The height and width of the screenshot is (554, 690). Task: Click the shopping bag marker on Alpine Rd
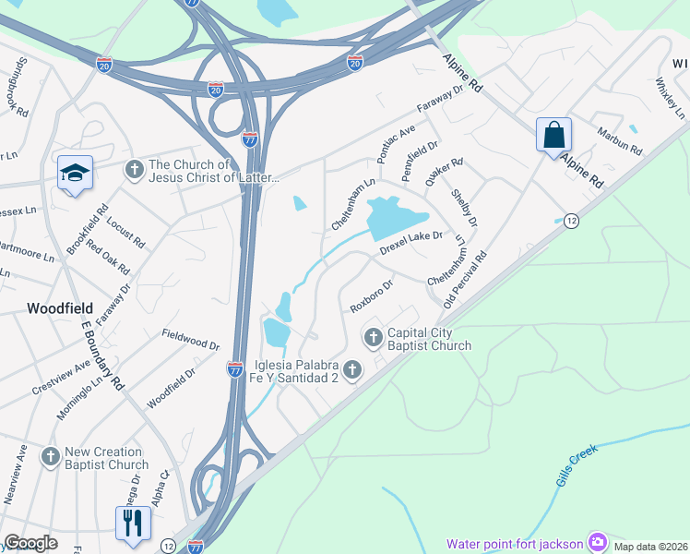click(x=553, y=136)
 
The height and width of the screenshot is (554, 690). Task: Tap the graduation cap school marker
click(x=75, y=173)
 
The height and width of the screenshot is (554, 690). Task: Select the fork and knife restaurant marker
click(x=132, y=523)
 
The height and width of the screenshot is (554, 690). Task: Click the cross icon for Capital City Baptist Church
click(x=374, y=335)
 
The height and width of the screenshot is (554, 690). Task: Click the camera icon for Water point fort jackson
click(x=598, y=542)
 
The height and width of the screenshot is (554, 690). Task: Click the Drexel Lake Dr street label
click(x=412, y=243)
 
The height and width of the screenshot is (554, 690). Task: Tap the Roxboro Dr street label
click(x=372, y=296)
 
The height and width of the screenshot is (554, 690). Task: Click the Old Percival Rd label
click(x=464, y=278)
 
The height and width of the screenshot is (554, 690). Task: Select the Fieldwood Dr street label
click(x=191, y=340)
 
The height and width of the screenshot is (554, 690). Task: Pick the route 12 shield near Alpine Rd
click(x=572, y=221)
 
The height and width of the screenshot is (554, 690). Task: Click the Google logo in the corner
click(x=31, y=542)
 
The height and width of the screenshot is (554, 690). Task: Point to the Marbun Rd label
click(x=619, y=141)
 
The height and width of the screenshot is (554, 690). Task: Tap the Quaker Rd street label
click(x=444, y=172)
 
